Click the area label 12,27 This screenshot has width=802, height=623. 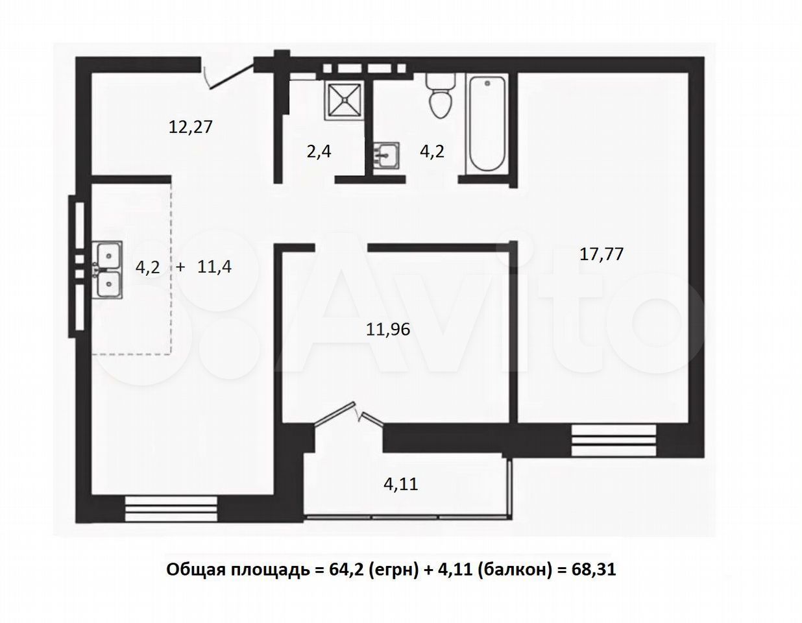pyautogui.click(x=191, y=127)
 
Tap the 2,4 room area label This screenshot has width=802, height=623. pyautogui.click(x=319, y=152)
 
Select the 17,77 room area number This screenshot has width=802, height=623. pyautogui.click(x=601, y=254)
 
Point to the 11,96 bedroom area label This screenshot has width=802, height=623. pyautogui.click(x=388, y=329)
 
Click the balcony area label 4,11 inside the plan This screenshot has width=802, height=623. pyautogui.click(x=401, y=484)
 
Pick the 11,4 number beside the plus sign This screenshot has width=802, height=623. pyautogui.click(x=214, y=267)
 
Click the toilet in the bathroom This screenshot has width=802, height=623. pyautogui.click(x=441, y=95)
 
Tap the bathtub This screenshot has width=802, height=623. pyautogui.click(x=487, y=125)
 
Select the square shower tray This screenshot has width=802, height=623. pyautogui.click(x=344, y=101)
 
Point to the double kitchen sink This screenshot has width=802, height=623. pyautogui.click(x=108, y=269)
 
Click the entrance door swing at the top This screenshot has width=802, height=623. pyautogui.click(x=229, y=77)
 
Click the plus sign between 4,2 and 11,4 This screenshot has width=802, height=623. pyautogui.click(x=180, y=267)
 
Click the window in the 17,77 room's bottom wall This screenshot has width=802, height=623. pyautogui.click(x=614, y=440)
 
